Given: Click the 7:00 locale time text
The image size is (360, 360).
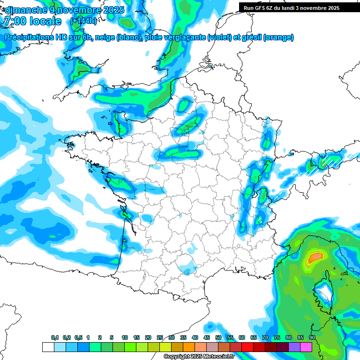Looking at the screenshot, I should click(32, 21).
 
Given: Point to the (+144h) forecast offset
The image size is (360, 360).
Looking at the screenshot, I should click(83, 21).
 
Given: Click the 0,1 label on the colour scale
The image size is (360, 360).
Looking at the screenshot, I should click(54, 337).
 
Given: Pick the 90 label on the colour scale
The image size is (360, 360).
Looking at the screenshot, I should click(312, 337).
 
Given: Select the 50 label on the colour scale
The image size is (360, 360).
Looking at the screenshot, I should click(218, 337).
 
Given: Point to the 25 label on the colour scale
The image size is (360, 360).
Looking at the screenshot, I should click(160, 337).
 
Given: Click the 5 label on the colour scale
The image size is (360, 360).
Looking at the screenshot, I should click(112, 337).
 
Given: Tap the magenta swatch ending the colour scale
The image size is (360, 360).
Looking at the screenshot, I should click(306, 347).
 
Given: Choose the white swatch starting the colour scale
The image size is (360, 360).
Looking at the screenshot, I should click(48, 347).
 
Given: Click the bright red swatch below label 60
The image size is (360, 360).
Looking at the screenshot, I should click(247, 347).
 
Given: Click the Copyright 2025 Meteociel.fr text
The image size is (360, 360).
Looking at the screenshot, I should click(199, 357).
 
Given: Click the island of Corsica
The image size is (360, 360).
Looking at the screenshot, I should click(323, 293).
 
